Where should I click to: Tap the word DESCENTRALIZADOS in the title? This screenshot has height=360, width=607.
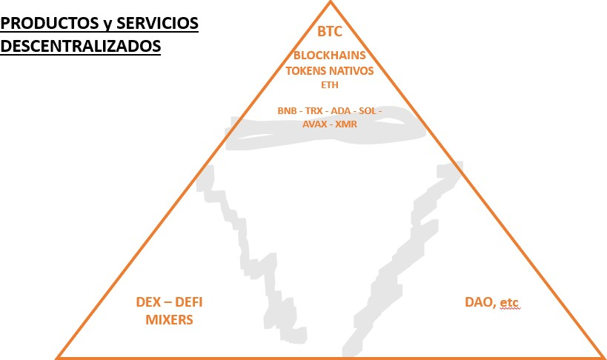click(81, 46)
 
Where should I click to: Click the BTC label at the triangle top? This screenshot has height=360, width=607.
click(330, 32)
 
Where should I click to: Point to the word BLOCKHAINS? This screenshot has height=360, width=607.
click(330, 56)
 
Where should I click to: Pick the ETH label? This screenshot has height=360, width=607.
click(330, 84)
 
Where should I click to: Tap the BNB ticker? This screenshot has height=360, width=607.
click(287, 110)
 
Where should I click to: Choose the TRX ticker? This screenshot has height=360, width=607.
click(314, 110)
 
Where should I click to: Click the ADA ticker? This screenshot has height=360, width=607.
click(341, 110)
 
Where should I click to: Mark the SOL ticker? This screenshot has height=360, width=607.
click(368, 110)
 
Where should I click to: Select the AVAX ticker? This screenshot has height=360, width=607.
click(314, 124)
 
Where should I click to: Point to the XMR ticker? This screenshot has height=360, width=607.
click(346, 124)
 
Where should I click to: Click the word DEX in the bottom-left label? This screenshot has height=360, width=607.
click(149, 302)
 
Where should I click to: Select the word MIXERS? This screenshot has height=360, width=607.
click(170, 320)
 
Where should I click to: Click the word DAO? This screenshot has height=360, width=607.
click(479, 302)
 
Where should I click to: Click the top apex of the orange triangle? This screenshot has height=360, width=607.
click(331, 2)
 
